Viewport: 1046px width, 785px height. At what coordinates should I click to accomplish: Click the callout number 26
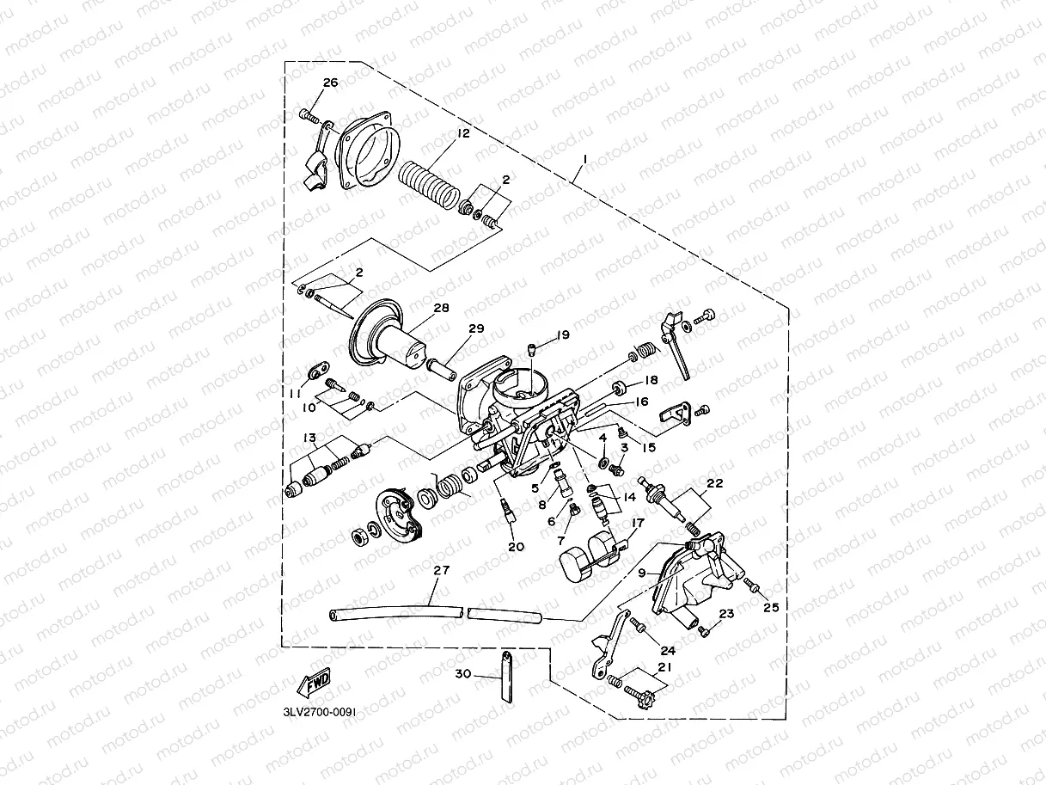(330, 83)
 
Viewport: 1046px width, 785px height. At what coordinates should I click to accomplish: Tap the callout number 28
(441, 308)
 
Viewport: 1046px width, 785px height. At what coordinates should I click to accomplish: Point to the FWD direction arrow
(314, 682)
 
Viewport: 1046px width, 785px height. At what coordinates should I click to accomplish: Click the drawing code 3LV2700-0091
(319, 712)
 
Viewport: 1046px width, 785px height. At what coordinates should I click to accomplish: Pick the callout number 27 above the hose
(441, 570)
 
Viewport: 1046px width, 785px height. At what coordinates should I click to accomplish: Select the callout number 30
(462, 673)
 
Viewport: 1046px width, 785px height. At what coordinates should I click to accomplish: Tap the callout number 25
(771, 607)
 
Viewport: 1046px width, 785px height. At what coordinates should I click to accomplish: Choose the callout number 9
(642, 573)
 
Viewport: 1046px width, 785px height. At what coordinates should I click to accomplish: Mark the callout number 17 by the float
(638, 523)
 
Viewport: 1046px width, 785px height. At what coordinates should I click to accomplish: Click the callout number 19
(563, 335)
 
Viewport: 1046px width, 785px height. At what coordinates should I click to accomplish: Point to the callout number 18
(651, 380)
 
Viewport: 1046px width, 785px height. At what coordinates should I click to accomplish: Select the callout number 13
(309, 438)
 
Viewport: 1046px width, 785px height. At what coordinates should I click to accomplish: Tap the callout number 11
(295, 394)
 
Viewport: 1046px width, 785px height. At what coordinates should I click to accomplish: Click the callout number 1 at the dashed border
(585, 157)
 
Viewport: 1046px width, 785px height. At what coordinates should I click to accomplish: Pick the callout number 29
(476, 328)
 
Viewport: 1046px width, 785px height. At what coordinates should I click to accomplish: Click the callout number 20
(516, 547)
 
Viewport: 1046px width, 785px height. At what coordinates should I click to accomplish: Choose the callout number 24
(668, 651)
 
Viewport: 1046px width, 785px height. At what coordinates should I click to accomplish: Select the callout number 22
(715, 483)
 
